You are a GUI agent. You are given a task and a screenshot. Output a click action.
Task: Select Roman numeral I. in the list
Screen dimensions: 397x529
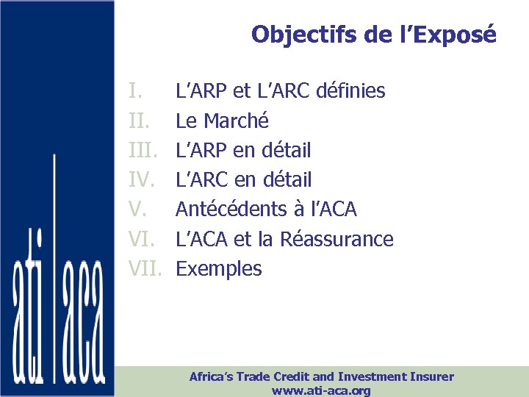click(135, 91)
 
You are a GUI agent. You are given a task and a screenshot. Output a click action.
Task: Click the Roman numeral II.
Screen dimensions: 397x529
click(139, 121)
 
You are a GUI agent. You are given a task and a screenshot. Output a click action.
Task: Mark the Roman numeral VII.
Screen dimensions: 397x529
click(145, 268)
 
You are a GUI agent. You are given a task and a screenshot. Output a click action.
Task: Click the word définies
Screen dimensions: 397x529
click(351, 91)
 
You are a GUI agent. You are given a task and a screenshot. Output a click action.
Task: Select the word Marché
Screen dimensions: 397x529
click(237, 121)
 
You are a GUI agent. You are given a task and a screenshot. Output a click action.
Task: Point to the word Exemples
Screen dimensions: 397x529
click(219, 268)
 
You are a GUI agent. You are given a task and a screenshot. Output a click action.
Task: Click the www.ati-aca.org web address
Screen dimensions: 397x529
click(321, 390)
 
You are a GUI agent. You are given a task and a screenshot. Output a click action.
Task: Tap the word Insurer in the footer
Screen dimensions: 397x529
click(431, 376)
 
